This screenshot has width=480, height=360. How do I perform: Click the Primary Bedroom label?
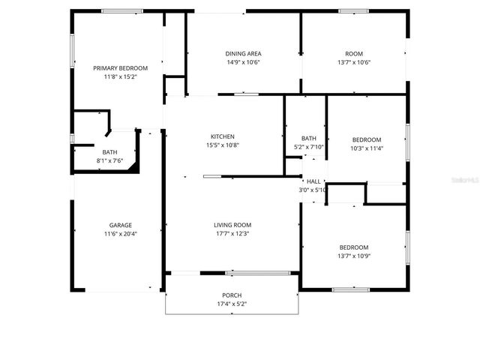(x=120, y=68)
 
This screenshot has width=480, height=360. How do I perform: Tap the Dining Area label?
(x=243, y=54)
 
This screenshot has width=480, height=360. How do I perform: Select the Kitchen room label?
(x=222, y=136)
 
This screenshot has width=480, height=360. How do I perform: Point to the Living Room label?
(x=232, y=225)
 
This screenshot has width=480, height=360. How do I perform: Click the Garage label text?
(x=120, y=226)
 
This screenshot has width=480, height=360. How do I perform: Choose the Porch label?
(x=232, y=295)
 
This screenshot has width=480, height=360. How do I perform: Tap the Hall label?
(x=313, y=181)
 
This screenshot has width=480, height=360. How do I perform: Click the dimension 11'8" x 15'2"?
(x=120, y=76)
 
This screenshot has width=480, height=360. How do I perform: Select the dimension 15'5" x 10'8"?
(x=222, y=145)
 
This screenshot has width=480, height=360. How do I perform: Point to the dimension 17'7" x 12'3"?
(x=232, y=234)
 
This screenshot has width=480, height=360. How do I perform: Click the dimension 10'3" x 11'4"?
(x=367, y=148)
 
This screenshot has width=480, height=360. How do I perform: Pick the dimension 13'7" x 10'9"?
(x=354, y=256)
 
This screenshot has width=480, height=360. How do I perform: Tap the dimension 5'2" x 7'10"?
(x=308, y=147)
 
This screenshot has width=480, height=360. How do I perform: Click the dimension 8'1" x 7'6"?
(x=109, y=160)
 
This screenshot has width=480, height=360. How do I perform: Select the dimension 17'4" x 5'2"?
(x=232, y=304)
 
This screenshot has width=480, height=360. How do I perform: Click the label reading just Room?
(x=353, y=54)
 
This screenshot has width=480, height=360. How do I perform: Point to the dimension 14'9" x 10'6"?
(x=243, y=62)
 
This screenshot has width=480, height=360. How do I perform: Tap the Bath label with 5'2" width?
(x=308, y=138)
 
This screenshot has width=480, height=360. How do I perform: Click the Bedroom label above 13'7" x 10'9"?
(x=354, y=247)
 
